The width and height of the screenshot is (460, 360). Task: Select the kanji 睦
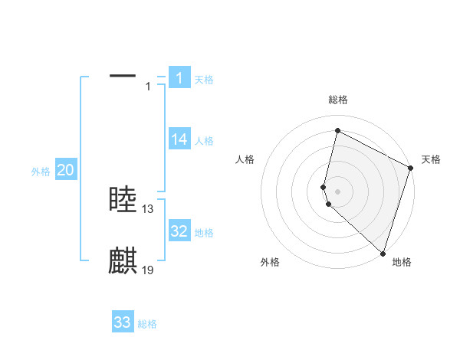pos(123,200)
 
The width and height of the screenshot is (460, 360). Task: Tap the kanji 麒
pos(123,261)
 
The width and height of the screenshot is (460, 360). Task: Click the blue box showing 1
pos(179,78)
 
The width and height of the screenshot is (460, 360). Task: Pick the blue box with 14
pos(179,139)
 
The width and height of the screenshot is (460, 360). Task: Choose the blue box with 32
pos(179,231)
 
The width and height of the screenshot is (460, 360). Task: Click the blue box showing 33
pos(123,322)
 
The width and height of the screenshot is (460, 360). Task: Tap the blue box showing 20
pos(66,171)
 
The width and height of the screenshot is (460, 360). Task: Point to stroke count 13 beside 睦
pos(148,208)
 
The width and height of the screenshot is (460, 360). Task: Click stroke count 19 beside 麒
pos(148,270)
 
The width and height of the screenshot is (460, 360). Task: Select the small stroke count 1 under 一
pos(148,87)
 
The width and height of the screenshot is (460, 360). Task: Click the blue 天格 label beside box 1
pos(204,79)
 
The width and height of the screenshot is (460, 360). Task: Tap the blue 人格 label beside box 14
pos(204,140)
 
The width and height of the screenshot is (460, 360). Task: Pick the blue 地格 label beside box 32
pos(204,232)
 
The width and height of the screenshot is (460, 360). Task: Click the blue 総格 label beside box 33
pos(147,324)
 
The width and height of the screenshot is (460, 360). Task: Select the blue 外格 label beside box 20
pos(41,172)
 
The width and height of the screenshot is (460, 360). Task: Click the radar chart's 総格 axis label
pos(338,100)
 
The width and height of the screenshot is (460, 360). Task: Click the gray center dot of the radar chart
pos(338,190)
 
